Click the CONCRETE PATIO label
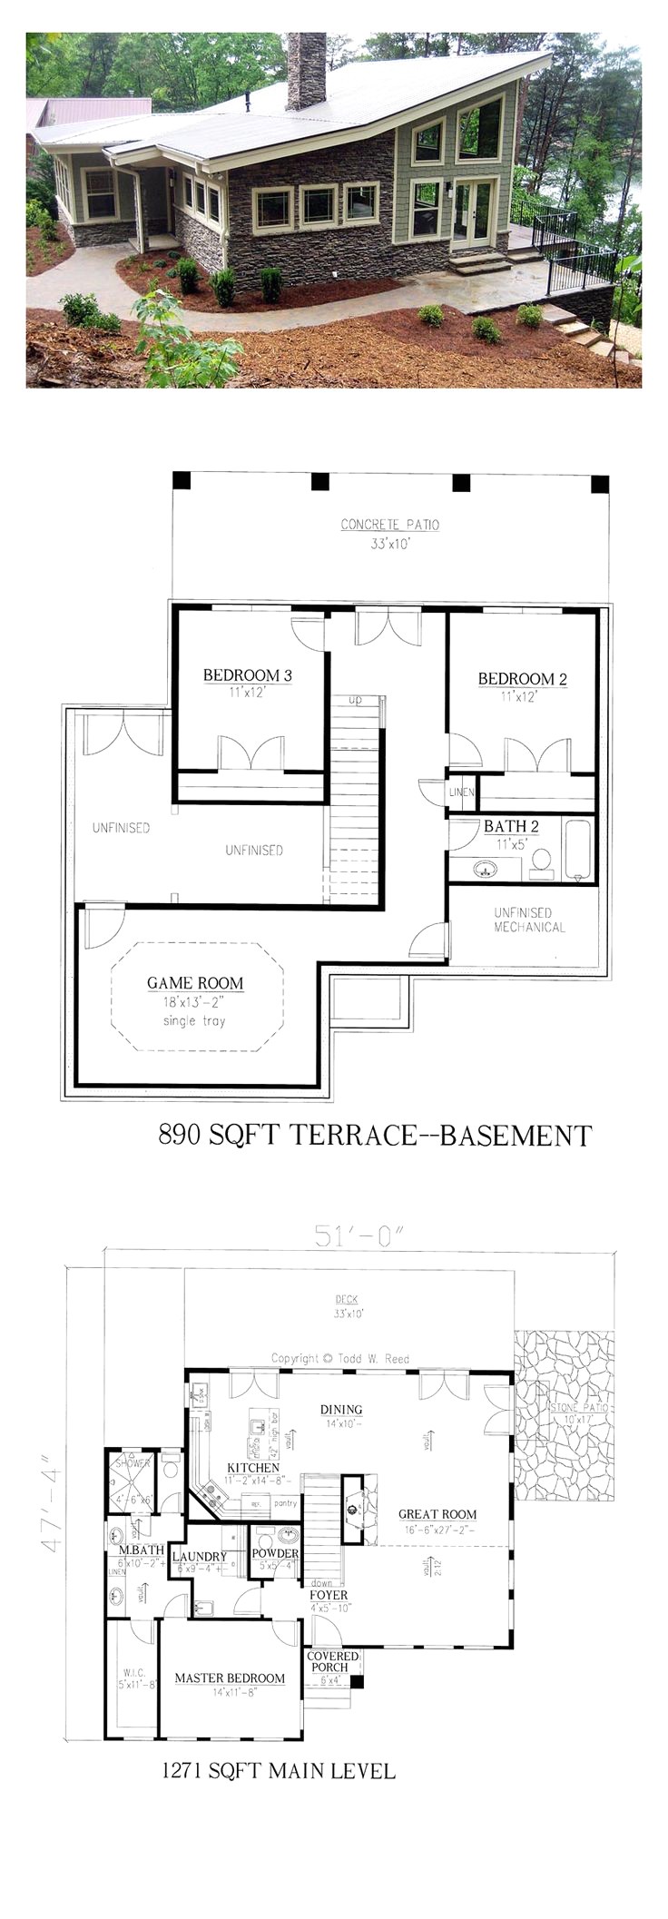389,524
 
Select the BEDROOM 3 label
247,675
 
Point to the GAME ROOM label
195,983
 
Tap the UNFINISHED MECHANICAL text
529,920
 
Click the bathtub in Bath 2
577,850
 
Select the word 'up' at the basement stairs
355,701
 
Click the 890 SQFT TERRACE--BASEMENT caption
375,1135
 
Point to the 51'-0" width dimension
358,1236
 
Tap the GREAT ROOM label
437,1514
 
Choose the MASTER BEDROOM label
230,1678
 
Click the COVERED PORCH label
333,1662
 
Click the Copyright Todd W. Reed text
340,1359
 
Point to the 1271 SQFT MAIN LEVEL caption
278,1770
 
